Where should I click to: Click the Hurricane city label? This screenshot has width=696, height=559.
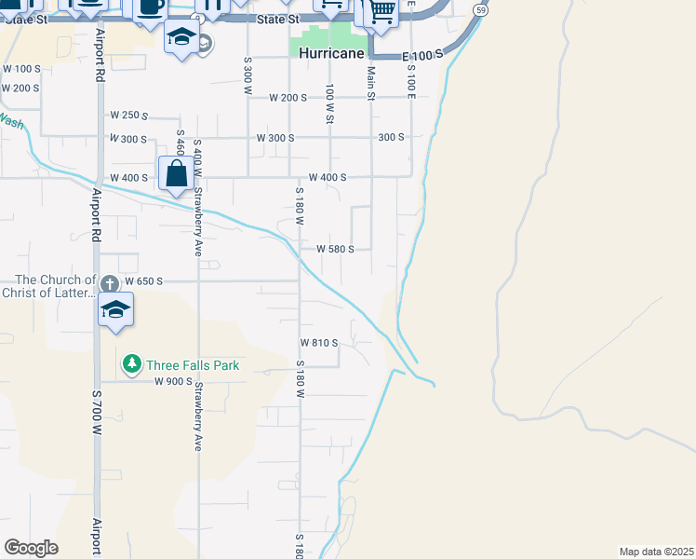[332, 54]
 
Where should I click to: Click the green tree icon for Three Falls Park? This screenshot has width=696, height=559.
[132, 362]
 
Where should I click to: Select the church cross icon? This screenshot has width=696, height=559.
[109, 282]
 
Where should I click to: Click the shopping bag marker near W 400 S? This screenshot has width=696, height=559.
[176, 173]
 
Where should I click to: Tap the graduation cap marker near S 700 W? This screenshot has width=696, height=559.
[115, 310]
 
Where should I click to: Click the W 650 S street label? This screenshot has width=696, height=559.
[144, 280]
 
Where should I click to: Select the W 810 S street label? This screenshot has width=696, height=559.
[318, 343]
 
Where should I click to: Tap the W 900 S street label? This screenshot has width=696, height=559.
[173, 382]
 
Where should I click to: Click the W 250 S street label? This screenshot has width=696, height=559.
[129, 116]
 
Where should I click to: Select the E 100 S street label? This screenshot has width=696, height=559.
[422, 57]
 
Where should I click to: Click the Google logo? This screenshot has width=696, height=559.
[31, 548]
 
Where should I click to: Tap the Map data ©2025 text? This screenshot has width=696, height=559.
[656, 552]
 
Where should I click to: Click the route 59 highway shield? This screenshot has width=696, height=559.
[478, 9]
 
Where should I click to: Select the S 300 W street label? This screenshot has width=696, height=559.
[248, 73]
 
